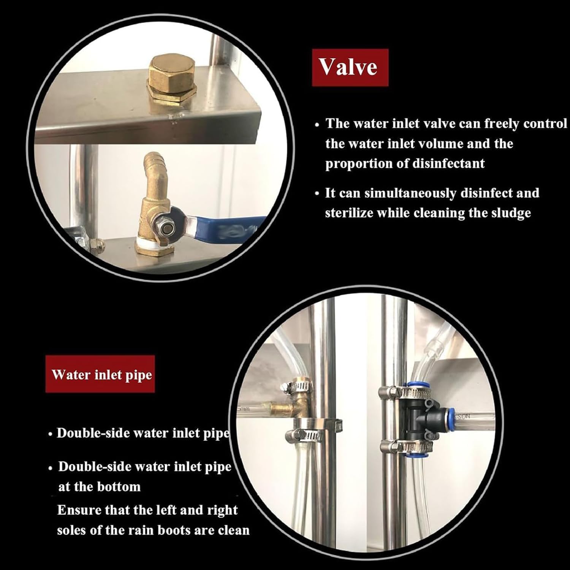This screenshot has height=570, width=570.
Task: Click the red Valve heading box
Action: (x=350, y=68)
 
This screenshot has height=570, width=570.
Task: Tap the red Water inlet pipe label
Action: (x=100, y=374)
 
